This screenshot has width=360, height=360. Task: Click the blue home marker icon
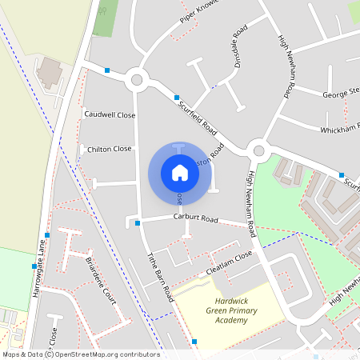[x=180, y=172]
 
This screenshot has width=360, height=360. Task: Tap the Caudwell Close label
[x=110, y=115]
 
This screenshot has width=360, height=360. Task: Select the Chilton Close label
[x=110, y=149]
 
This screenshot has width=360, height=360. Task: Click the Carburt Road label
[x=196, y=218]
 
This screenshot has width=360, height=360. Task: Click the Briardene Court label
[x=101, y=282]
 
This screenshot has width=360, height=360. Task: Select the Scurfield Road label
[x=198, y=116]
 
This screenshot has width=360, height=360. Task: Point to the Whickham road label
[x=340, y=128]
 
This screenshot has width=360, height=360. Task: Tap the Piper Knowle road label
[x=199, y=14]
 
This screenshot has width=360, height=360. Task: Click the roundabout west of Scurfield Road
[x=137, y=79]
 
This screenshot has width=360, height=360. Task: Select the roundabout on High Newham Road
[x=258, y=150]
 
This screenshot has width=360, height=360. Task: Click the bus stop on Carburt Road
[x=138, y=223]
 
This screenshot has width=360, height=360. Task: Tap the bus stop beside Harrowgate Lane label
[x=47, y=235]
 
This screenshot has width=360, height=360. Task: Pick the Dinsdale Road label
[x=237, y=50]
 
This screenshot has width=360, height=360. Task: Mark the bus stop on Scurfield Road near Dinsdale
[x=177, y=98]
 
